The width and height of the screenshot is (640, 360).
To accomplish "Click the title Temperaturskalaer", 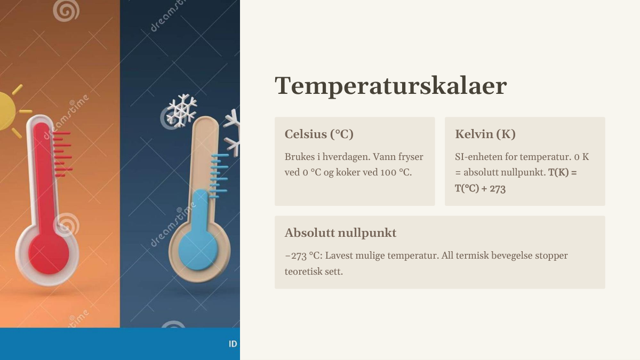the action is [390, 86].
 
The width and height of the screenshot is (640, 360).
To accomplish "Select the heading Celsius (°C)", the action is [319, 134].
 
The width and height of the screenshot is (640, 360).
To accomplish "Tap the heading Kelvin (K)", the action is [485, 134].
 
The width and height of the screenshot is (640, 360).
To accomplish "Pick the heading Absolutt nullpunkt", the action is [340, 233].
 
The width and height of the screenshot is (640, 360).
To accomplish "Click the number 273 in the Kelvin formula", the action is [498, 189].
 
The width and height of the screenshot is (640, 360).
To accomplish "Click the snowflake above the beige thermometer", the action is [182, 110].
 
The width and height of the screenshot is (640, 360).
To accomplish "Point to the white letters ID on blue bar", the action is [233, 344].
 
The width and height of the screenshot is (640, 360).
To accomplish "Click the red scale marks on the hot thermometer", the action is [62, 154].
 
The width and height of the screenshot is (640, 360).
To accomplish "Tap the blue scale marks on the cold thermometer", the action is [219, 175].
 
